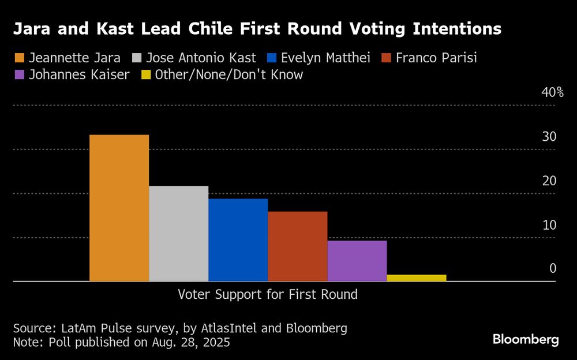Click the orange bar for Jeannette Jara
(x=119, y=208)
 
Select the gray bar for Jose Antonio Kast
(x=178, y=233)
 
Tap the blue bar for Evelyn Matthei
(x=238, y=239)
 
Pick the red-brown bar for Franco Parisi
(x=297, y=246)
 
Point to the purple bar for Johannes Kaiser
(x=357, y=261)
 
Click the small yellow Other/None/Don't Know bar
(x=416, y=278)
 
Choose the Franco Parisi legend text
(x=436, y=58)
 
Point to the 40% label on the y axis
(x=552, y=93)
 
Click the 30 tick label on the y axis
(x=549, y=137)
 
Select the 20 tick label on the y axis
(x=549, y=181)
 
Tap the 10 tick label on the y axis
(x=549, y=224)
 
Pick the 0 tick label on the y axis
(x=552, y=268)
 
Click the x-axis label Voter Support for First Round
(x=267, y=294)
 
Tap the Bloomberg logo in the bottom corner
(x=526, y=339)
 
